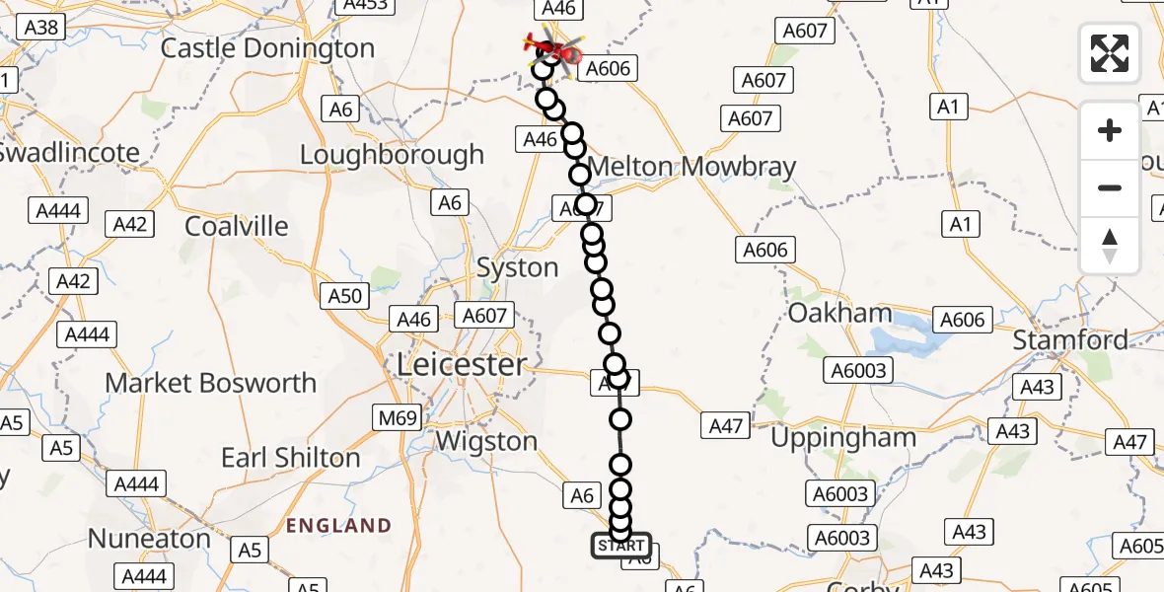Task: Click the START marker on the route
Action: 620,546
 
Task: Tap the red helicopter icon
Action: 547,45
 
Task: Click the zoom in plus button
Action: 1110,130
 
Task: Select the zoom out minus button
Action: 1110,187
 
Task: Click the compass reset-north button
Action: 1110,246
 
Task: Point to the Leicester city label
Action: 461,365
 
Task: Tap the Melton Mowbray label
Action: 691,167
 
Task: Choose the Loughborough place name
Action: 392,155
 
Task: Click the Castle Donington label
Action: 267,48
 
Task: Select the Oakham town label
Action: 839,314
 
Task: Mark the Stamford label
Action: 1070,340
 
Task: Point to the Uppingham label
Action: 843,437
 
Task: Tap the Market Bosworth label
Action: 210,383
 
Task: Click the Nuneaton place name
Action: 149,539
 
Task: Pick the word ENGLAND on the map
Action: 338,525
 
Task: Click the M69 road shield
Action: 398,418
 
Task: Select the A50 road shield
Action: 345,295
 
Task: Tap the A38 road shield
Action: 40,27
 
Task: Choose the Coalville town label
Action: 237,226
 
